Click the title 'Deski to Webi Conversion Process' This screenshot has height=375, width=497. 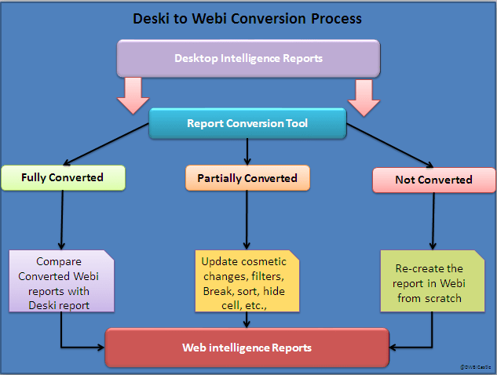tap(248, 18)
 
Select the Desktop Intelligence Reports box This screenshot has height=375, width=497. tap(248, 57)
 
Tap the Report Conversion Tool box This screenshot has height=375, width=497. tap(247, 123)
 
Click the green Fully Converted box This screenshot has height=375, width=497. tap(62, 177)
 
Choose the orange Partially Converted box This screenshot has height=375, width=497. tap(247, 178)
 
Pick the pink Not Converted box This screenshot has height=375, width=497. tap(433, 180)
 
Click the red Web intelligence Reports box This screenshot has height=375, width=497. tap(247, 348)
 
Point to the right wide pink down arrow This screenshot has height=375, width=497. tap(364, 93)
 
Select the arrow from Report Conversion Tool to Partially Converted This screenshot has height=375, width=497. tap(247, 151)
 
